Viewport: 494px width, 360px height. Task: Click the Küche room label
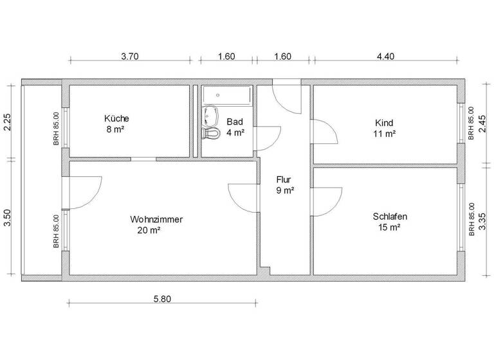pos(116,118)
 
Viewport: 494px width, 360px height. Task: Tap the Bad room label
pos(234,122)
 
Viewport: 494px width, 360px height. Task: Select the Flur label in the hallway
pos(284,179)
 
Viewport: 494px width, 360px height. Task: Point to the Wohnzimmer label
pos(156,219)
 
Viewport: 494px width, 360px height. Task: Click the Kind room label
pos(384,123)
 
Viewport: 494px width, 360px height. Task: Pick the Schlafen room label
pos(390,217)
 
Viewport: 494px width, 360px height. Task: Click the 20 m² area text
pos(149,230)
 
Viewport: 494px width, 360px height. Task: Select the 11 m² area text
pos(384,134)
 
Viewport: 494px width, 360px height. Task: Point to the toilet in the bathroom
pos(211,132)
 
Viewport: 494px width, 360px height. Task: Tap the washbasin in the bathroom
pos(210,116)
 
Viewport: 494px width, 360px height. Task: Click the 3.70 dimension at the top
pos(131,57)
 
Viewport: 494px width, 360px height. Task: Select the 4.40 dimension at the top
pos(385,57)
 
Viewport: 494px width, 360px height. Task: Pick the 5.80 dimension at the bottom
pos(161,298)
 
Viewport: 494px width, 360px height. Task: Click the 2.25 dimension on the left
pos(8,122)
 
